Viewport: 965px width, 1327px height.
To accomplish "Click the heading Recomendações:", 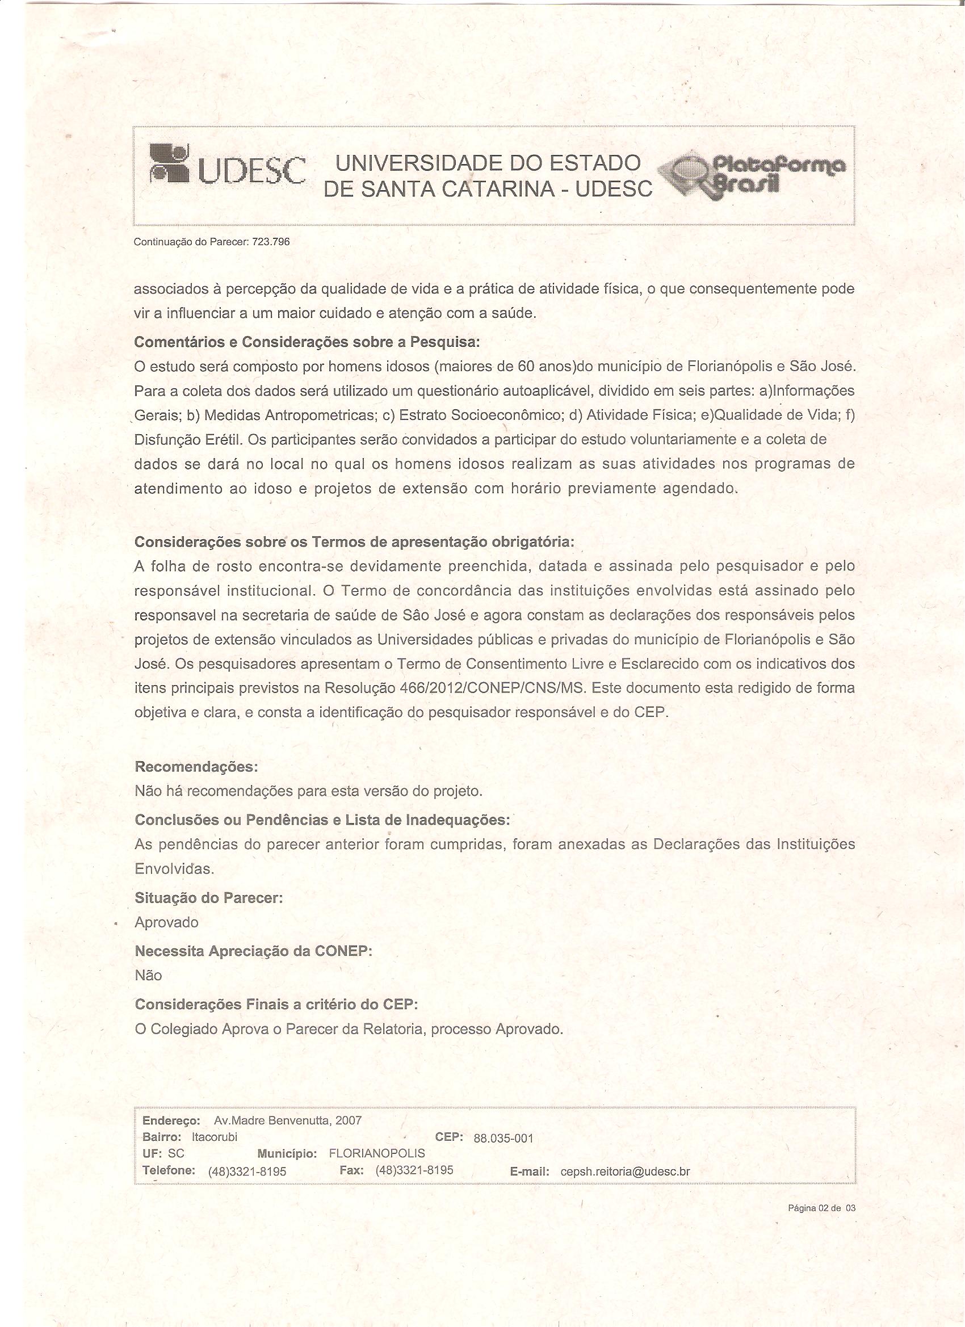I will coord(196,766).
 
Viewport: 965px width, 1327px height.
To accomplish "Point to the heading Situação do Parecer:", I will coord(208,898).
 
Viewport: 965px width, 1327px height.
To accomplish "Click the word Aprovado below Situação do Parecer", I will coord(167,923).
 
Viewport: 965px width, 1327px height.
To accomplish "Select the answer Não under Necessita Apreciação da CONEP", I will coord(148,975).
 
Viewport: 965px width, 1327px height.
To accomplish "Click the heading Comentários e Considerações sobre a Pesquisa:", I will coord(307,342).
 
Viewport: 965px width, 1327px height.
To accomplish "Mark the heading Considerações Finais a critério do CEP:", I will coord(276,1005).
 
